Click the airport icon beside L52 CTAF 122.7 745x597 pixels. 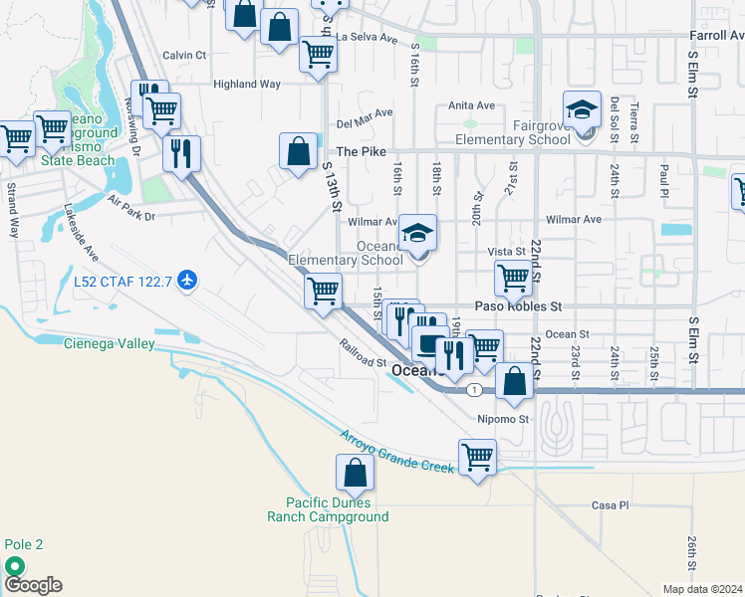pyautogui.click(x=186, y=283)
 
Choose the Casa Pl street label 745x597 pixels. pyautogui.click(x=611, y=505)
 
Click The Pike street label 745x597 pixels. pyautogui.click(x=360, y=151)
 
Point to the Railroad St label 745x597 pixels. pyautogui.click(x=361, y=356)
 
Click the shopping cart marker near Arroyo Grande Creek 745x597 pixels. pyautogui.click(x=478, y=458)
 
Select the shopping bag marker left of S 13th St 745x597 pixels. pyautogui.click(x=298, y=152)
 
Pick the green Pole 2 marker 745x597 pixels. pyautogui.click(x=15, y=565)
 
